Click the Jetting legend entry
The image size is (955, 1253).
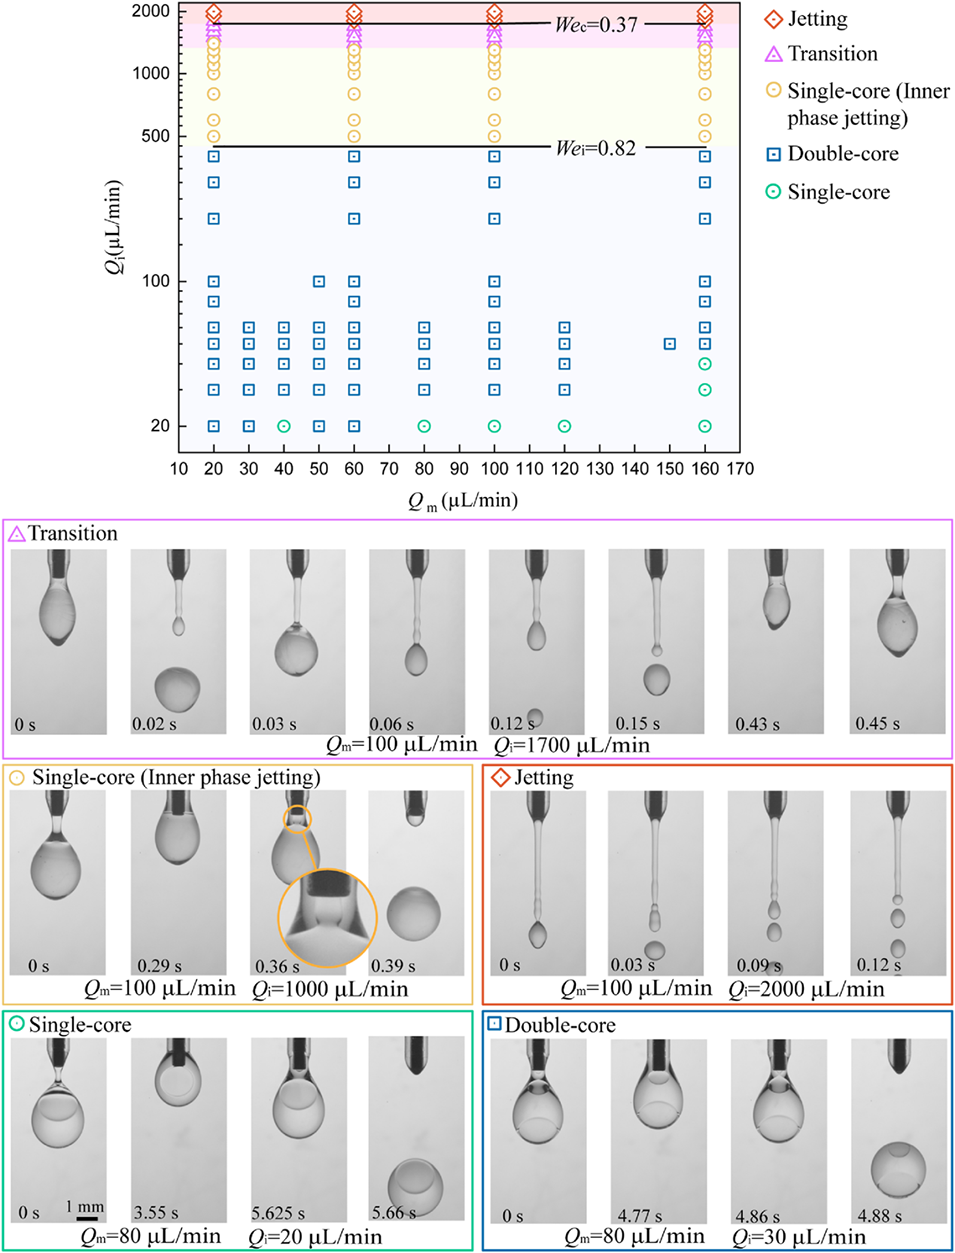tap(817, 19)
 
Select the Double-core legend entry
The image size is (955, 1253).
tap(842, 154)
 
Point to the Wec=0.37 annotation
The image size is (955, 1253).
tap(596, 24)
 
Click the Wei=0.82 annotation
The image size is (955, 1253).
tap(596, 148)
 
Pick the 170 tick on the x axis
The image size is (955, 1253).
tap(740, 468)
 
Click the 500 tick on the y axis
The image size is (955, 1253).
tap(156, 136)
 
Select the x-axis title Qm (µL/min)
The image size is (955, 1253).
tap(462, 501)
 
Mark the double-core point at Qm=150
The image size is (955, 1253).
tap(670, 344)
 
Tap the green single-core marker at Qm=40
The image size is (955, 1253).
tap(284, 426)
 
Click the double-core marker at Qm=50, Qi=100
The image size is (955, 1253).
tap(319, 282)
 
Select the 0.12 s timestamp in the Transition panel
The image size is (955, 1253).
tap(512, 723)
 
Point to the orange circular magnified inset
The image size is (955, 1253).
tap(327, 918)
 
